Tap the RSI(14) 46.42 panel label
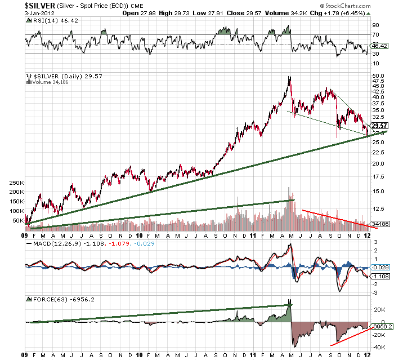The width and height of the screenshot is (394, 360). pyautogui.click(x=47, y=20)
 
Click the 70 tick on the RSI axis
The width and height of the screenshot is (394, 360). pyautogui.click(x=375, y=35)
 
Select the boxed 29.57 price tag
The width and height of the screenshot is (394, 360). pyautogui.click(x=379, y=126)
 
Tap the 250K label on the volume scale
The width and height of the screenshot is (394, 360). pyautogui.click(x=17, y=183)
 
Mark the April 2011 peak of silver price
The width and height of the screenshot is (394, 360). pyautogui.click(x=289, y=77)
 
